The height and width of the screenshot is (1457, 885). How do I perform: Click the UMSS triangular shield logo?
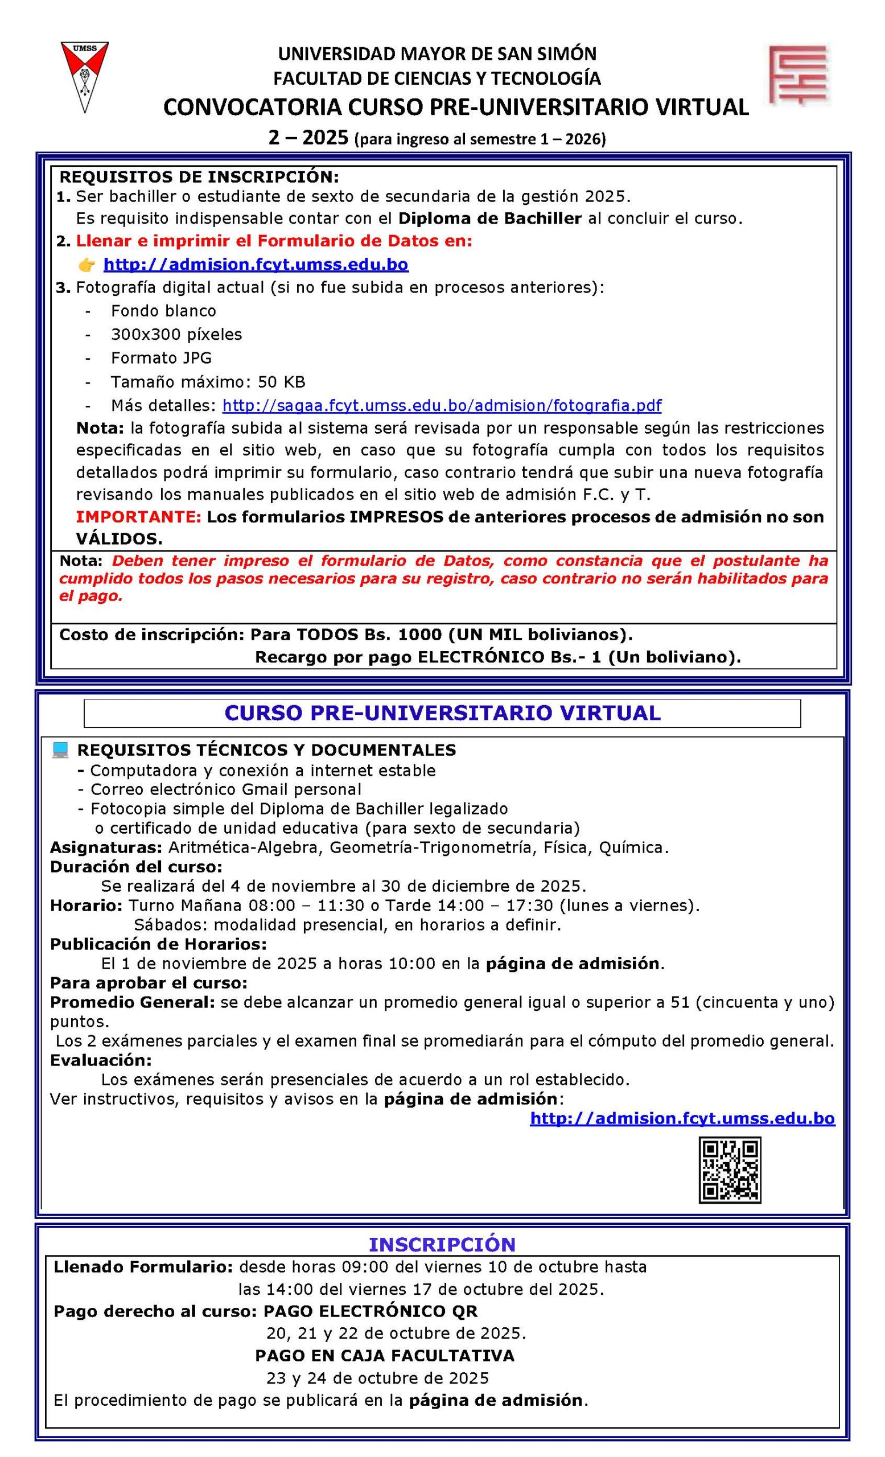pos(85,76)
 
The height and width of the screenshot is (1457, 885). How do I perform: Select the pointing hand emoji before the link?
pos(87,264)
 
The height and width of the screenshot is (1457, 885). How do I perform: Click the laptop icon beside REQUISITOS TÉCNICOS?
pos(60,750)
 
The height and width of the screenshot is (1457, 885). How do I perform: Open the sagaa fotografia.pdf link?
pos(442,405)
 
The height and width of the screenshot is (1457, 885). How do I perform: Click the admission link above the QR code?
pos(682,1118)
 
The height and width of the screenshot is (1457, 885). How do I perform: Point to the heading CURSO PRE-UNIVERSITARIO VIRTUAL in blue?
pos(442,713)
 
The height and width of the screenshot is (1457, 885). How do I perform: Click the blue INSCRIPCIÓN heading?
pos(442,1244)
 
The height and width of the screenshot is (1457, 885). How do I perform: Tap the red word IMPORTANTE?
pos(139,517)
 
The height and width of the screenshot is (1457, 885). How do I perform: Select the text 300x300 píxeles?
pos(176,334)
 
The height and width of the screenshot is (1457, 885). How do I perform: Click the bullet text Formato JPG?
pos(161,358)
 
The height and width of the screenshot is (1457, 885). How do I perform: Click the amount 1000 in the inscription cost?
pos(420,635)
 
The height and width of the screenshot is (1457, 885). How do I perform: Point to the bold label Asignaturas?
pos(106,847)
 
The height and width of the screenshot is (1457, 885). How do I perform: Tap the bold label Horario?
pos(87,906)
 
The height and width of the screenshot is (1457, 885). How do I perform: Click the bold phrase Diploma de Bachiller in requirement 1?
pos(490,218)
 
